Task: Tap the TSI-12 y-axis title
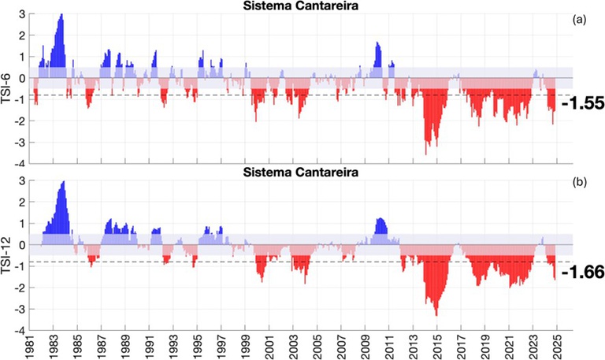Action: click(9, 255)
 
